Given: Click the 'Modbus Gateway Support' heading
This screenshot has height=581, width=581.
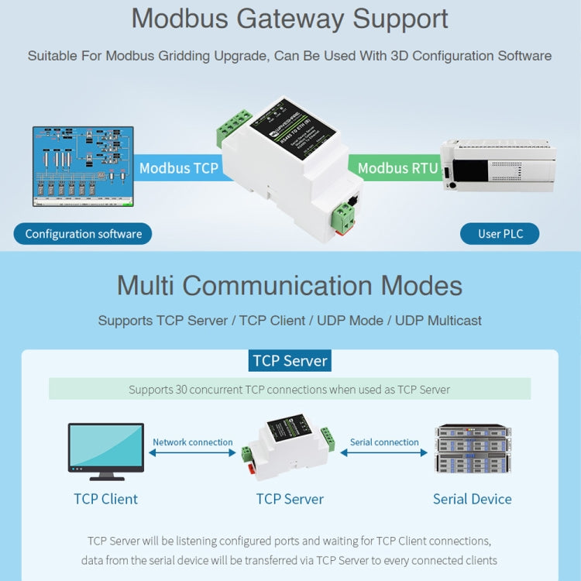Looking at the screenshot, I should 290,19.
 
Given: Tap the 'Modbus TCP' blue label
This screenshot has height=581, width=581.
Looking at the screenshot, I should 179,168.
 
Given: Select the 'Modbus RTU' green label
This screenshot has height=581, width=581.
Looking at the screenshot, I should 397,168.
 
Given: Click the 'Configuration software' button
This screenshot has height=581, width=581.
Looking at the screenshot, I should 83,234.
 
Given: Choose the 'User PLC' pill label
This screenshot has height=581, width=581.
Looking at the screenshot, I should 500,234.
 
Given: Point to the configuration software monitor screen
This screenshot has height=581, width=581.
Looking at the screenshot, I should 83,167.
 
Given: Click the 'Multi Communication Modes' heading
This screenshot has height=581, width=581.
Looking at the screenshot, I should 290,286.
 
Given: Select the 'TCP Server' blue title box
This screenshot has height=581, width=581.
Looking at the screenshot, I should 290,360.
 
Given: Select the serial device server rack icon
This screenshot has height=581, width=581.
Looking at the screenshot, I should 472,449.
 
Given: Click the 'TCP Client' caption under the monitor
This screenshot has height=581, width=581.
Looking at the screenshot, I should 106,499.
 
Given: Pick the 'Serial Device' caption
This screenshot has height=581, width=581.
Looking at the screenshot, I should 472,499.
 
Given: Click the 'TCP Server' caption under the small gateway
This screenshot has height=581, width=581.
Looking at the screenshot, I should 290,499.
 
